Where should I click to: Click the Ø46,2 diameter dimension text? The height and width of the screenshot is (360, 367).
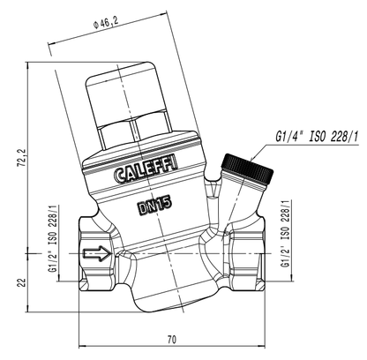[x=104, y=23]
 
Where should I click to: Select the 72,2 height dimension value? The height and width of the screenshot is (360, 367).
[x=22, y=159]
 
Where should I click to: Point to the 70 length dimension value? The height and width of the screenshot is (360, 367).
[x=172, y=340]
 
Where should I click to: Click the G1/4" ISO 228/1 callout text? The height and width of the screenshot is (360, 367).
[x=317, y=137]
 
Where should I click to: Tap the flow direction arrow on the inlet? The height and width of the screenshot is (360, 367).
[x=97, y=253]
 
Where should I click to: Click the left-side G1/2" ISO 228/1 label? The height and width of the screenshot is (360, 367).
[x=53, y=238]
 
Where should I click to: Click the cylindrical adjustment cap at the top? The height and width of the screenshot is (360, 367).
[x=125, y=91]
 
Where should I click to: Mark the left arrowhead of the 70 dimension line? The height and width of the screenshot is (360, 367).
[x=82, y=346]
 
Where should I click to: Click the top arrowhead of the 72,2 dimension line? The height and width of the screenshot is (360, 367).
[x=27, y=65]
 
